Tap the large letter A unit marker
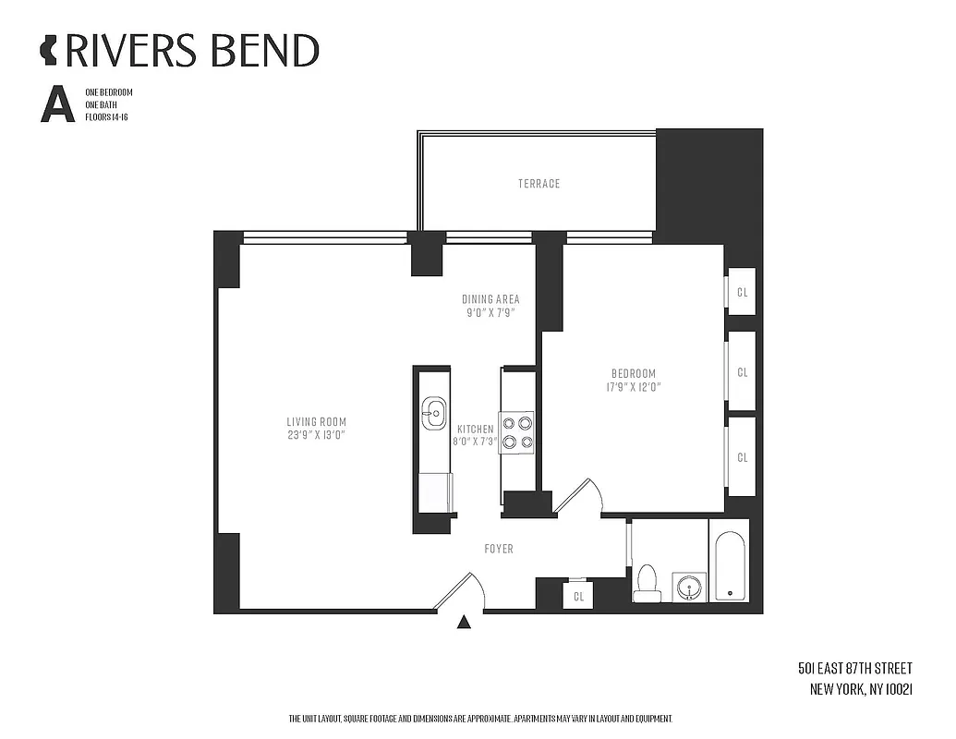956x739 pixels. pos(57,105)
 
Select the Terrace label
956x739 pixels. pos(539,184)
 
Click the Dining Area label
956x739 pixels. pos(490,298)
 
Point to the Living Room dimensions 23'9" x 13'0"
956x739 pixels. pos(315,435)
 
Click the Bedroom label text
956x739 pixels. pos(633,373)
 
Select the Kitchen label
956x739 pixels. pos(475,430)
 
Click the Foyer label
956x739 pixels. pos(499,549)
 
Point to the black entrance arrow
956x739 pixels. pos(465,623)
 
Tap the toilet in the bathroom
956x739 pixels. pos(647,584)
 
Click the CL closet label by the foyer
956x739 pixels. pos(579,597)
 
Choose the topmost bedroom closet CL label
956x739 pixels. pos(742,293)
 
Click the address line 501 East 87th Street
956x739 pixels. pos(854,668)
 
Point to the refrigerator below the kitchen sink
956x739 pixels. pos(432,491)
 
